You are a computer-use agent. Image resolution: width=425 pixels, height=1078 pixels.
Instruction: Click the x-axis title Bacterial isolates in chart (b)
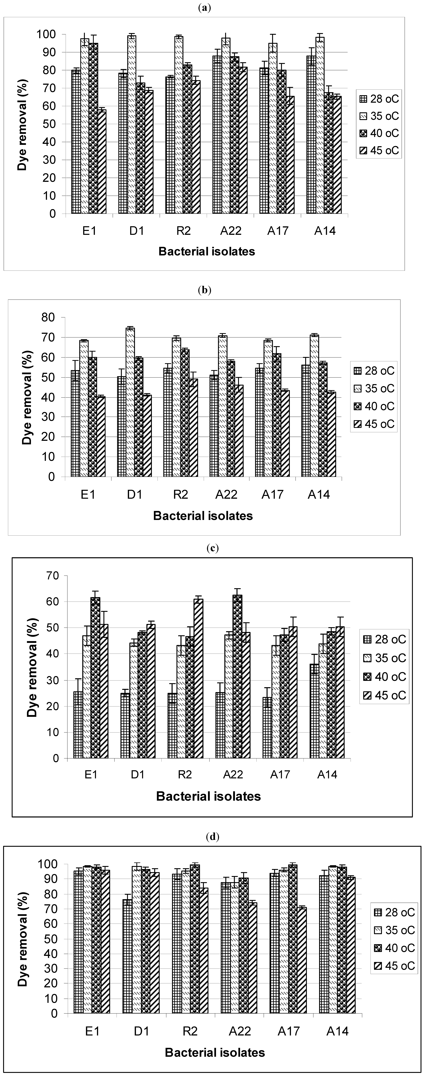coord(203,516)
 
